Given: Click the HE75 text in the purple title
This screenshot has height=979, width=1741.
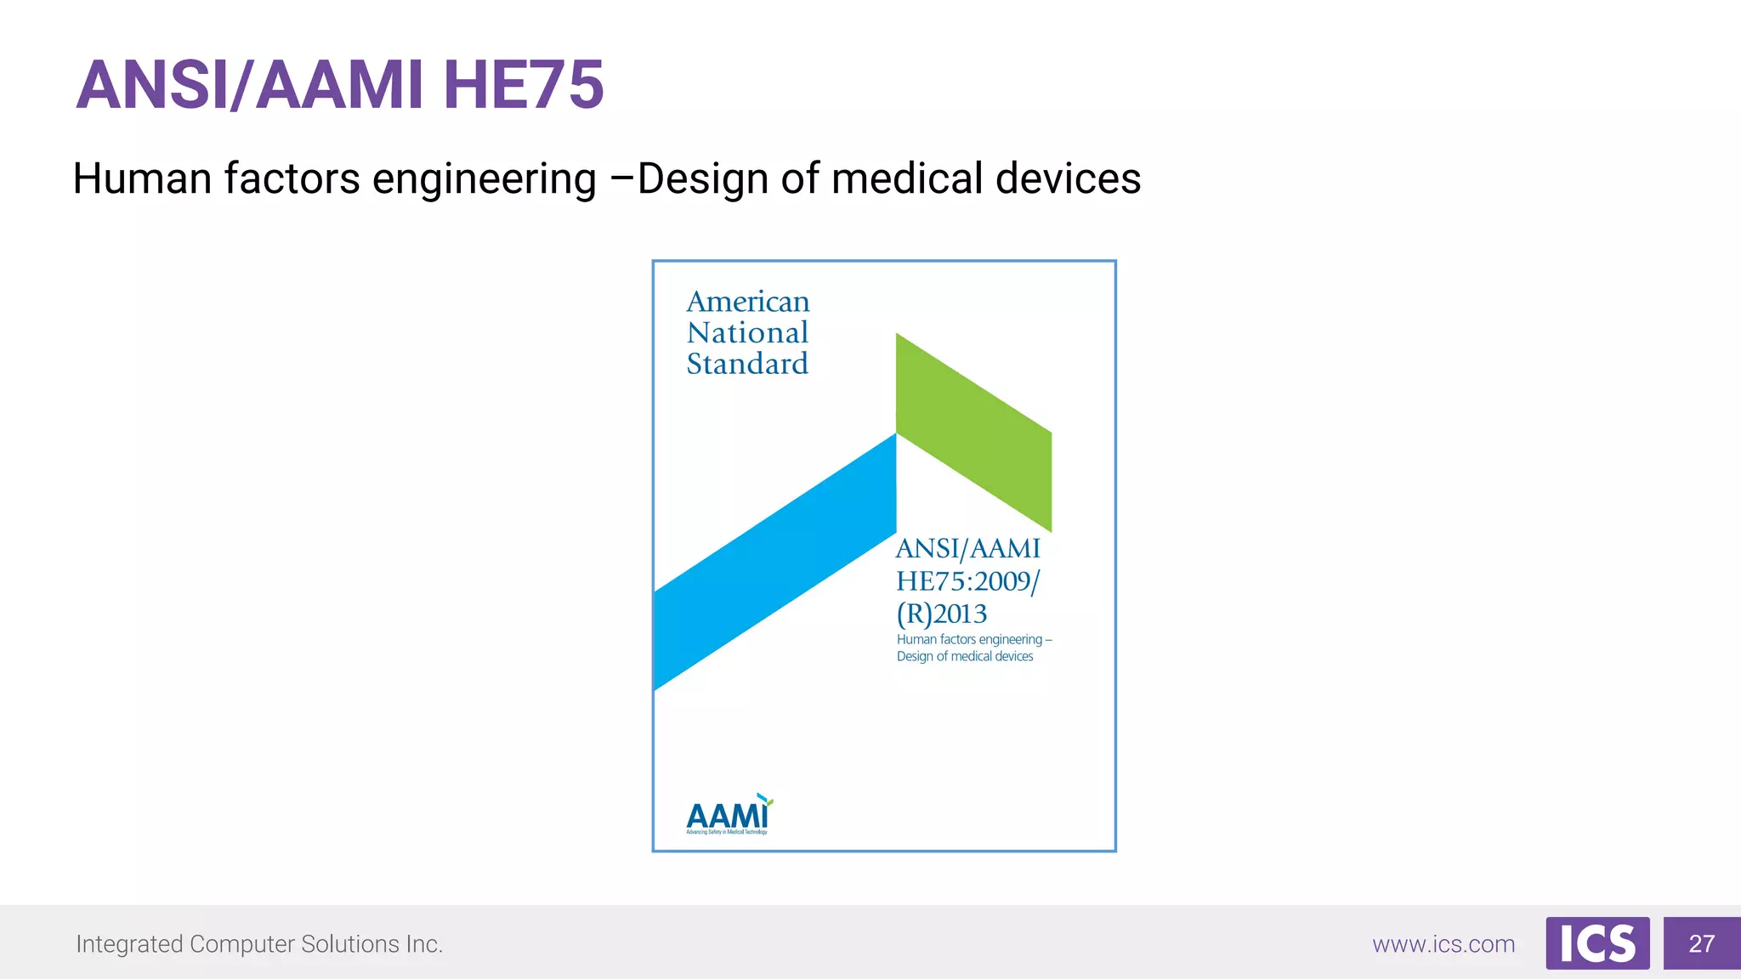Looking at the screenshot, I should [x=523, y=85].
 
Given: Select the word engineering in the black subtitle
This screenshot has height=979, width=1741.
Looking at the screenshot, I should [x=485, y=180].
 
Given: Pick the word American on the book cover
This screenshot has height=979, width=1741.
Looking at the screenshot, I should [x=748, y=302].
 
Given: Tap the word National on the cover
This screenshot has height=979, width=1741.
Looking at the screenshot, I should [x=747, y=332].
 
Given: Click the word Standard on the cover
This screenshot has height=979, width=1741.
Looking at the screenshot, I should [x=747, y=364].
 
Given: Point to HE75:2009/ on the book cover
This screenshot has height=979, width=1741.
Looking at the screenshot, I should [x=968, y=581].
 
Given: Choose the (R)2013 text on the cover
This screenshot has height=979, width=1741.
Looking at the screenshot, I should [x=942, y=614].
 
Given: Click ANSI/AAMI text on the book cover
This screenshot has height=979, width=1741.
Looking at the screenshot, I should [x=968, y=549].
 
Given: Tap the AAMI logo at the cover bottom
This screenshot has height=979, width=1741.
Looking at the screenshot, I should [x=729, y=816].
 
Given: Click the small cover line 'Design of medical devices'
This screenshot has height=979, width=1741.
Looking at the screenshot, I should [x=965, y=656].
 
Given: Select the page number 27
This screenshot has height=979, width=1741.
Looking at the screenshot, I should [x=1701, y=943].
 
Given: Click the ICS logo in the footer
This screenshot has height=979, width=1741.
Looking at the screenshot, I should [x=1597, y=943].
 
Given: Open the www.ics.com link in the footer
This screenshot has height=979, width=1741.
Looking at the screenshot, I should [x=1443, y=944].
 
